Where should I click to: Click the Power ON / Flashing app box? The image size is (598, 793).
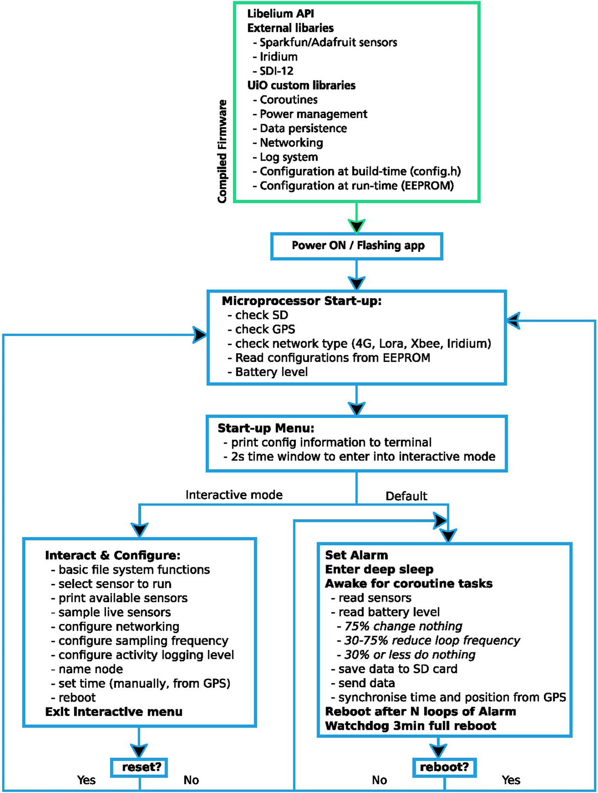(357, 246)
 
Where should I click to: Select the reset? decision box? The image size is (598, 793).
(139, 767)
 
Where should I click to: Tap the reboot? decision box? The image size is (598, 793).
(444, 767)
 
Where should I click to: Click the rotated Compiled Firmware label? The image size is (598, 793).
(222, 152)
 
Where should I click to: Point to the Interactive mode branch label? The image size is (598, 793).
(234, 495)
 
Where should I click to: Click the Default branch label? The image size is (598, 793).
(406, 496)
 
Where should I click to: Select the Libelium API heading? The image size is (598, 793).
(280, 14)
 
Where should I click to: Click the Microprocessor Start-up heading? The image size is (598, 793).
(302, 301)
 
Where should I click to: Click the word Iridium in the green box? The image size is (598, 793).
(279, 57)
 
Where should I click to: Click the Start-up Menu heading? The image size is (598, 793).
(266, 428)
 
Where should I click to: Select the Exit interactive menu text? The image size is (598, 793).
(114, 712)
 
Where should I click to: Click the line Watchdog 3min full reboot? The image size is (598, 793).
(410, 726)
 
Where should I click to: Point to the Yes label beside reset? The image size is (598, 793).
(86, 780)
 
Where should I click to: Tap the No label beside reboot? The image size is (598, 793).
(379, 780)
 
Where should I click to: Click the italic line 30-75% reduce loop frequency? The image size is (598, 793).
(432, 640)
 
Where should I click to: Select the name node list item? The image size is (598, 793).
(91, 669)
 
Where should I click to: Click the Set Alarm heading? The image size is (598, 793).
(356, 555)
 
